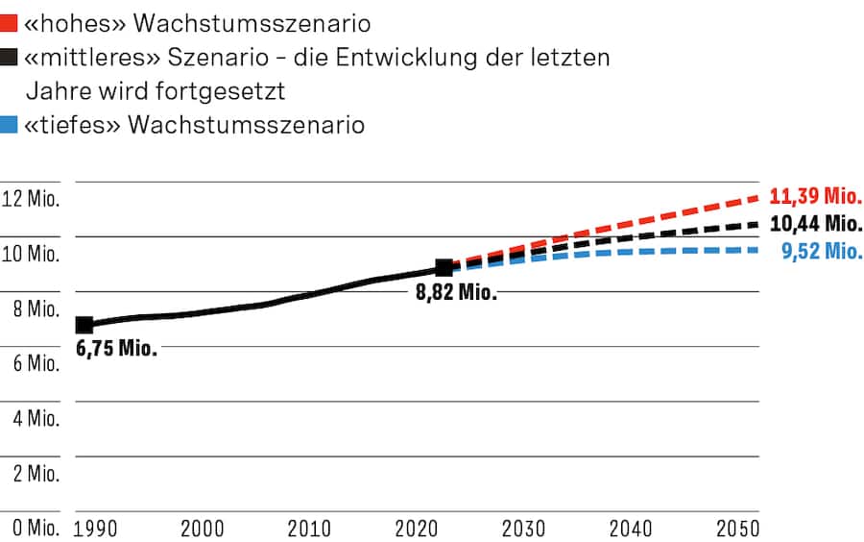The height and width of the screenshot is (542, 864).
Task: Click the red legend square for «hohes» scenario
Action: click(x=9, y=23)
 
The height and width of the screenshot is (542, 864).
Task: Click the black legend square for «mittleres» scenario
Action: click(x=9, y=58)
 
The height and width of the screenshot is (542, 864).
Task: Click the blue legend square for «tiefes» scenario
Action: click(x=9, y=125)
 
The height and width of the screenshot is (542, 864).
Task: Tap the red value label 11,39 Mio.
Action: click(x=816, y=197)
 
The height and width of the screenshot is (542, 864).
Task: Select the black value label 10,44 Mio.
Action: click(x=816, y=224)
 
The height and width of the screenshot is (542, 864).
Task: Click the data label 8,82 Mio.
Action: click(x=456, y=293)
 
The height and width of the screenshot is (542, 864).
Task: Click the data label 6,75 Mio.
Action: click(x=116, y=349)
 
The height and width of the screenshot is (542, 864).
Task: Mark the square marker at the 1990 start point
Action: click(x=84, y=325)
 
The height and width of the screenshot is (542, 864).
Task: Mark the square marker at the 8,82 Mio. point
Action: click(x=444, y=268)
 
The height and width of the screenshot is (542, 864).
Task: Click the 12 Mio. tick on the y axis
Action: click(x=31, y=200)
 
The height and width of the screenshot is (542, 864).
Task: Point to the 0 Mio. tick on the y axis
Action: click(x=31, y=529)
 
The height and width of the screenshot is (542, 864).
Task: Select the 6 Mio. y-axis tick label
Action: click(x=31, y=364)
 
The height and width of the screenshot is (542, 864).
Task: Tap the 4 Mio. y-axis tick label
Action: click(x=31, y=419)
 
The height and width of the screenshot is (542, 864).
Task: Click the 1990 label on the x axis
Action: click(x=96, y=529)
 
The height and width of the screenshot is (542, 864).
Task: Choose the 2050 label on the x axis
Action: click(x=738, y=529)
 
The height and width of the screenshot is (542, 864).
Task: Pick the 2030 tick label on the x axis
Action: click(x=524, y=529)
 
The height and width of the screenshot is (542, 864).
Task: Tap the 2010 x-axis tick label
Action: click(x=310, y=529)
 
